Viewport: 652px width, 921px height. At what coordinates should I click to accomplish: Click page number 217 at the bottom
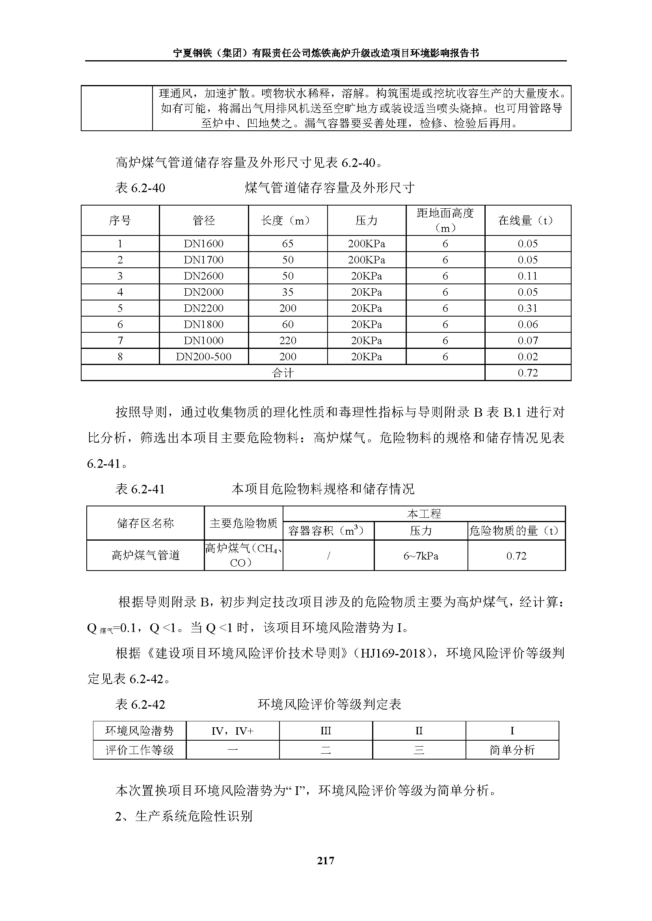point(325,860)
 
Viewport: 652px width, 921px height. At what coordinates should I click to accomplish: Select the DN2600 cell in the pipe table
point(203,276)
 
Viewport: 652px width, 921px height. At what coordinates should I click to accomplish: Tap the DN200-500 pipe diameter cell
point(203,357)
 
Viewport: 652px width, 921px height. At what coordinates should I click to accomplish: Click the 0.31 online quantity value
point(527,308)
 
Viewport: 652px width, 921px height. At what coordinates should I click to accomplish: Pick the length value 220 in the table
point(287,341)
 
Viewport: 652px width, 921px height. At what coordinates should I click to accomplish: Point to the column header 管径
point(203,220)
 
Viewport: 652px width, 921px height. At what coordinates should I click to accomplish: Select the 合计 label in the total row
point(283,373)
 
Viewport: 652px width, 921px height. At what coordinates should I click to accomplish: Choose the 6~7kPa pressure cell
point(421,556)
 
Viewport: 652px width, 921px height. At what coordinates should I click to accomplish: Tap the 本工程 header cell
point(424,514)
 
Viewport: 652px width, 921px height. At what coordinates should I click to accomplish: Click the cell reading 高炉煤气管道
point(145,556)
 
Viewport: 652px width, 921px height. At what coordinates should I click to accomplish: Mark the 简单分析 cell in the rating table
point(512,750)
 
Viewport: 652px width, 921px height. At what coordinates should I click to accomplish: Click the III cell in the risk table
point(326,731)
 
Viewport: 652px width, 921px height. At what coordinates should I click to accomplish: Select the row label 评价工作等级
point(139,750)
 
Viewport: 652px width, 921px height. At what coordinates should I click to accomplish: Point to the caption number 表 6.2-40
point(140,188)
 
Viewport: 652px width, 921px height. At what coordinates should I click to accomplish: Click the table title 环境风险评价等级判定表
point(329,704)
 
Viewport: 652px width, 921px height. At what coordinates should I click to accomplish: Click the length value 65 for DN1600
point(287,244)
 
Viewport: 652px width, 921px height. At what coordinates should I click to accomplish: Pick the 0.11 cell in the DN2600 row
point(527,276)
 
